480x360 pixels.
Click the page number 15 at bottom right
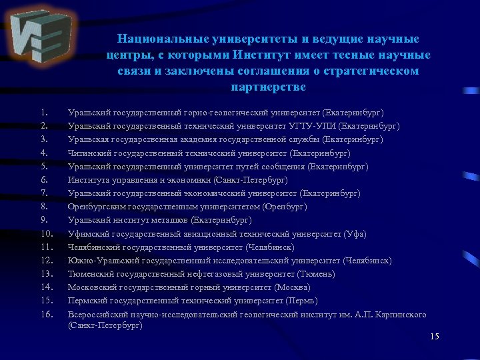(435, 336)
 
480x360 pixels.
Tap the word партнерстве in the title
(268, 87)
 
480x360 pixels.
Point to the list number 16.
(46, 314)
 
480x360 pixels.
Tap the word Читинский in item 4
(89, 153)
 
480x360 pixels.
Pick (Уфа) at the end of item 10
(354, 233)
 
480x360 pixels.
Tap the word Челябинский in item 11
(93, 247)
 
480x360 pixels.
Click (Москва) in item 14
(292, 287)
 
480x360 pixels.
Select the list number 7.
(43, 193)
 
